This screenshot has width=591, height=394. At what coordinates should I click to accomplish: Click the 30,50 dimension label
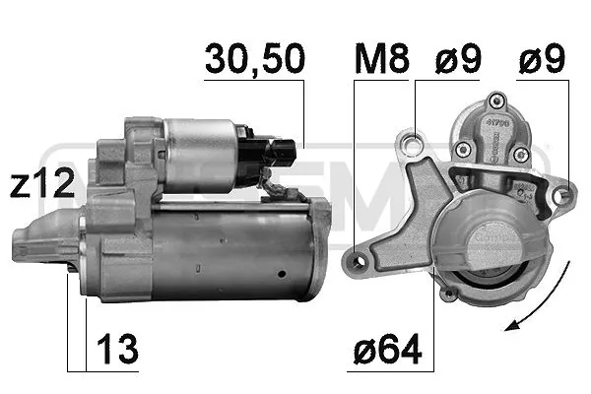pos(255,58)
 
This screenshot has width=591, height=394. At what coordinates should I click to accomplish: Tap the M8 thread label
pos(381,58)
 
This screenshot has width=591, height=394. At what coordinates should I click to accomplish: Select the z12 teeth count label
pos(41,183)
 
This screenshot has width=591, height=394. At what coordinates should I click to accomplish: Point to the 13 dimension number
pos(117,349)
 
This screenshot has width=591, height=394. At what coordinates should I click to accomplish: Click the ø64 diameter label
pos(387,349)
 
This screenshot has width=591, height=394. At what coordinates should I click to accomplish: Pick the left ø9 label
pos(458,58)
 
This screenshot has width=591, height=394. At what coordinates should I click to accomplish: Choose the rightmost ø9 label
pos(542,58)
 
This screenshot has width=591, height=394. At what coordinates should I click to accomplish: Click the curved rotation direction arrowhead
pos(514,325)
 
